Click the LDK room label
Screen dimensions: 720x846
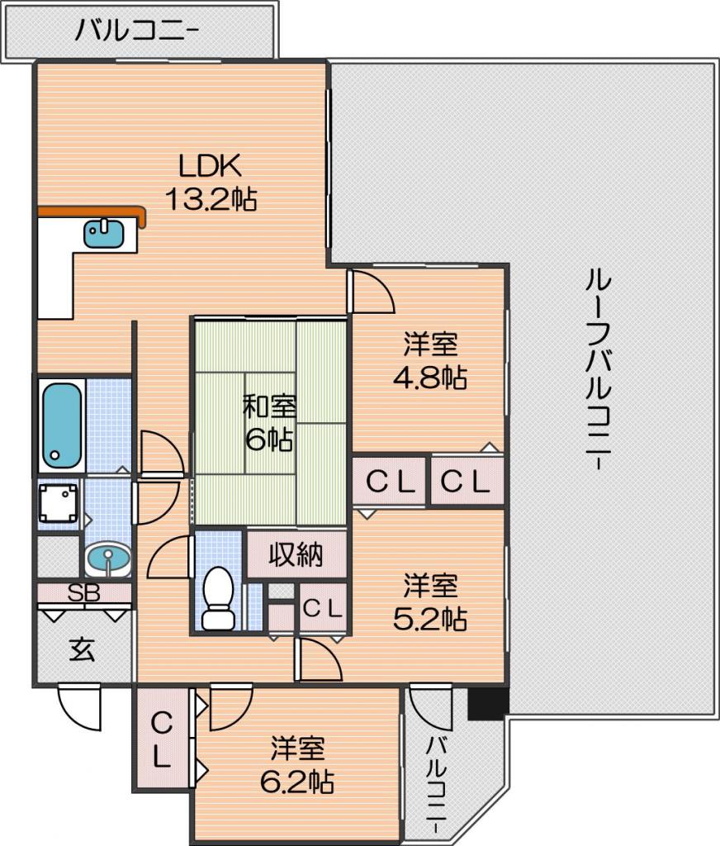[210, 166]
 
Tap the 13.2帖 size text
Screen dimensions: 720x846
[211, 198]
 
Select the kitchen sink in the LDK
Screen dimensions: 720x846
[103, 233]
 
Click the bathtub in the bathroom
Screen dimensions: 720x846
[62, 425]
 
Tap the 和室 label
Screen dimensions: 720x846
[269, 406]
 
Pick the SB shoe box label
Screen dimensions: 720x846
[84, 593]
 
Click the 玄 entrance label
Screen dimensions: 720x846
[83, 650]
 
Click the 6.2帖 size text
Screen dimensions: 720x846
[297, 781]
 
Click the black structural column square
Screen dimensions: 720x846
[488, 703]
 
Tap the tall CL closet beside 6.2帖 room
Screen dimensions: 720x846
[161, 739]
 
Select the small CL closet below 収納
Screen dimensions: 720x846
[323, 608]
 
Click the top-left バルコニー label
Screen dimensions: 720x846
[136, 31]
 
